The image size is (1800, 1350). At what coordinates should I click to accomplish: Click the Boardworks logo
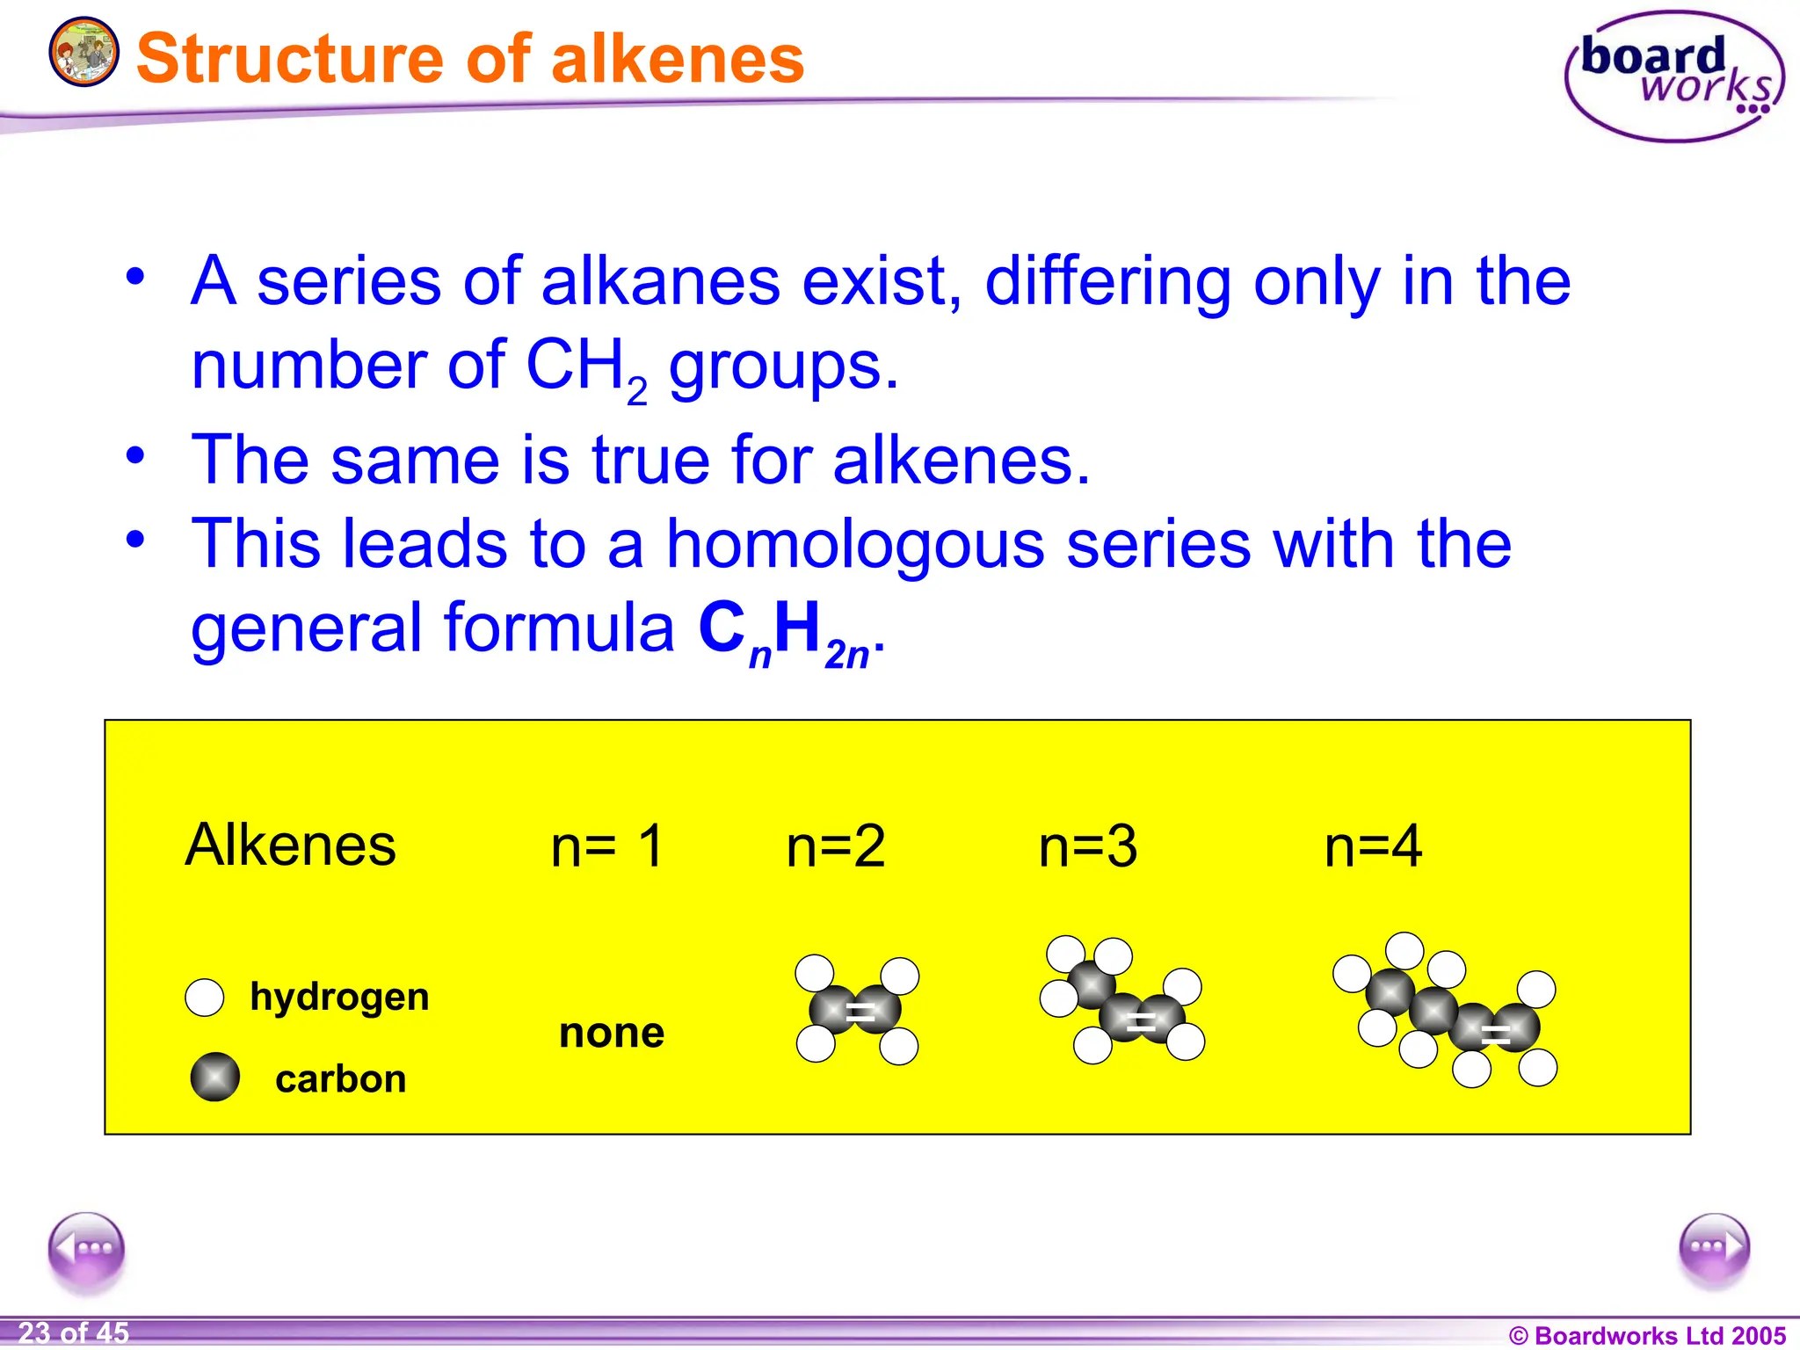pyautogui.click(x=1673, y=77)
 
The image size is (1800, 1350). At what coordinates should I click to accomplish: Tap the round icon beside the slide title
pyautogui.click(x=83, y=52)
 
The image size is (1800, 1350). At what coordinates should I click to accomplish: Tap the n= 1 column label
pyautogui.click(x=606, y=846)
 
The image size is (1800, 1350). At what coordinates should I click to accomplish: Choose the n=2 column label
pyautogui.click(x=835, y=846)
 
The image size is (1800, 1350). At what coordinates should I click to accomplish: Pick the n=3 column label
pyautogui.click(x=1087, y=846)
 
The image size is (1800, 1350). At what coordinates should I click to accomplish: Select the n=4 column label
pyautogui.click(x=1373, y=846)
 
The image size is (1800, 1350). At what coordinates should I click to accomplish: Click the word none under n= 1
pyautogui.click(x=612, y=1033)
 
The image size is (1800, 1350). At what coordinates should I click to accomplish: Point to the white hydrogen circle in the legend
pyautogui.click(x=205, y=998)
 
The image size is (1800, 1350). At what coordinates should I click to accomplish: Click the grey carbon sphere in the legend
pyautogui.click(x=215, y=1077)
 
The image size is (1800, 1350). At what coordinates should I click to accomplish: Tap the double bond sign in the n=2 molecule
pyautogui.click(x=860, y=1011)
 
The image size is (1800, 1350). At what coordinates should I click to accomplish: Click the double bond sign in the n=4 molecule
pyautogui.click(x=1495, y=1034)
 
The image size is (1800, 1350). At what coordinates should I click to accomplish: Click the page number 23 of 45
pyautogui.click(x=74, y=1332)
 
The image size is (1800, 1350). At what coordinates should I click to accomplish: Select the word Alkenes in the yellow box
pyautogui.click(x=290, y=845)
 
